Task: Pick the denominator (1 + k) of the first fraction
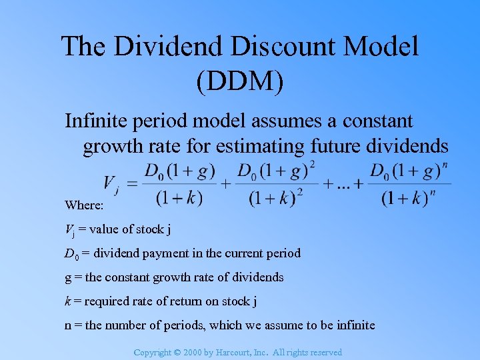pyautogui.click(x=180, y=197)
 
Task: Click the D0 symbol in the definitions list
pyautogui.click(x=70, y=253)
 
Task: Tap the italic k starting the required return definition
pyautogui.click(x=67, y=301)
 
